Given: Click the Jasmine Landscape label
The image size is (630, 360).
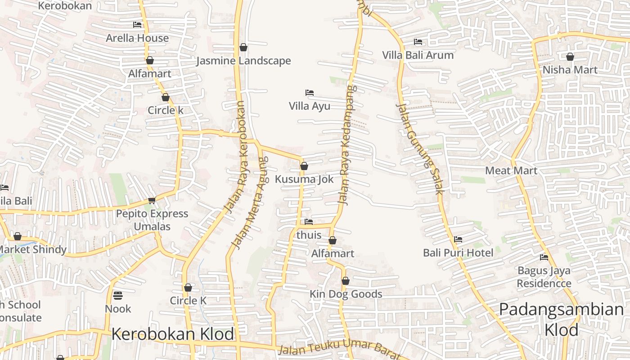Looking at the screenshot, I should click(x=243, y=61).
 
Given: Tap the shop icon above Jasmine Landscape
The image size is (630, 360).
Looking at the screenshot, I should click(x=243, y=47).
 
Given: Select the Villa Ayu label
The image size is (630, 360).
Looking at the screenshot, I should click(x=309, y=106).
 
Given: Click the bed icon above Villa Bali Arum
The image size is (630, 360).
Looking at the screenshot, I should click(x=418, y=42).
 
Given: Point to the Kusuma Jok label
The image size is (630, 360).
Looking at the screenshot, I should click(x=304, y=179).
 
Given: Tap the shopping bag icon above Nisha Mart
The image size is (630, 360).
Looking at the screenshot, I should click(x=570, y=57).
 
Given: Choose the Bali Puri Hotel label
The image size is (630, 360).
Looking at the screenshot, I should click(x=458, y=252).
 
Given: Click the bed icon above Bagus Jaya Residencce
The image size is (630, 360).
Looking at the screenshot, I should click(x=544, y=257).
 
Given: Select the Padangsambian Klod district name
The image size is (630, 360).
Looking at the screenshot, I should click(x=561, y=319).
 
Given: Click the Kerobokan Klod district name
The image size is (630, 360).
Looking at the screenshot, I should click(x=172, y=334).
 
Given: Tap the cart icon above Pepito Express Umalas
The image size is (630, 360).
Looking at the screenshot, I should click(x=152, y=200).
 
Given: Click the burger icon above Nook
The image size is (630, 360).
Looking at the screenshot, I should click(x=118, y=296).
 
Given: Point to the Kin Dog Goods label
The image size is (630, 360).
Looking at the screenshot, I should click(x=346, y=294).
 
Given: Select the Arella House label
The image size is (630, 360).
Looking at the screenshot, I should click(x=137, y=38).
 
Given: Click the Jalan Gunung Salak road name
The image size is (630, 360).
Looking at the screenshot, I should click(x=420, y=148).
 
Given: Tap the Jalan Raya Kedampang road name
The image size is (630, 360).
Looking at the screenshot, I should click(x=346, y=144).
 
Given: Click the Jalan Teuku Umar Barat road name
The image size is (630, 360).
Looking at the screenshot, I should click(x=338, y=350).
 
